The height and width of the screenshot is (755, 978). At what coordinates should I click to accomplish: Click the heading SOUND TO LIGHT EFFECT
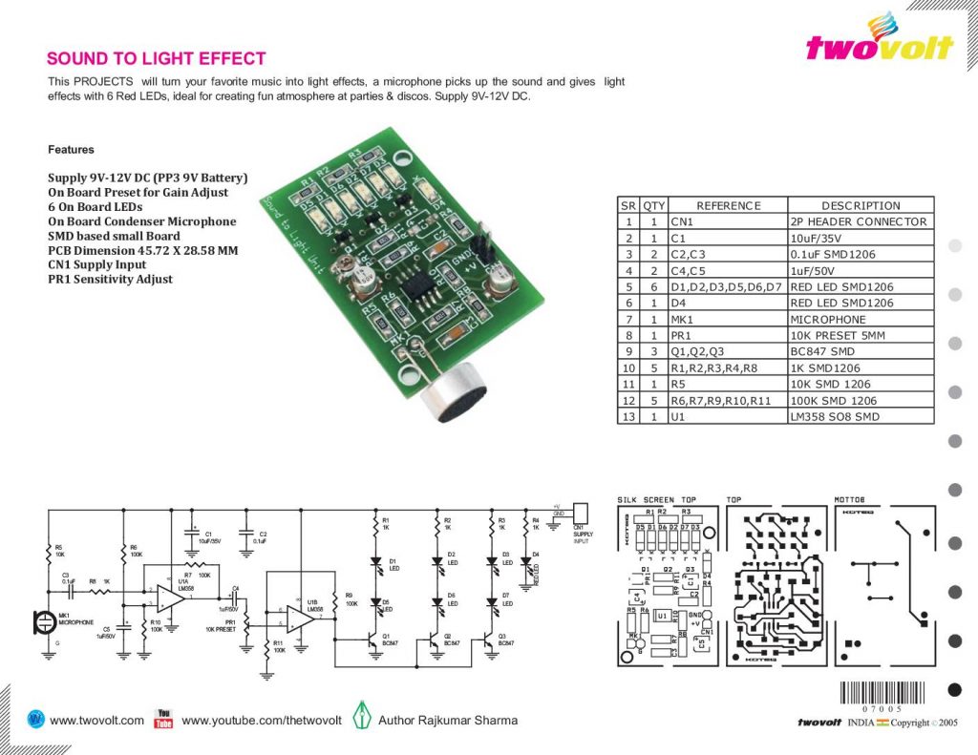point(157,59)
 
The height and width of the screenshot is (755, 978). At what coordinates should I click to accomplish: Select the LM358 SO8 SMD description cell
point(860,416)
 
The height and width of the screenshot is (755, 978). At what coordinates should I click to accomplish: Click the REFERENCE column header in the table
point(728,205)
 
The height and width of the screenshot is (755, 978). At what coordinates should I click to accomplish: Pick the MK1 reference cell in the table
point(728,319)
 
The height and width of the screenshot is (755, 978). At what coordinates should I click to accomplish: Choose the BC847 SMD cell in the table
point(860,351)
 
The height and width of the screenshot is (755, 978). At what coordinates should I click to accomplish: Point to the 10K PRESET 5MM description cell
point(860,335)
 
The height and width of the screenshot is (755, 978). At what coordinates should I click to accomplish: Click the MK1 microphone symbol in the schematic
point(43,621)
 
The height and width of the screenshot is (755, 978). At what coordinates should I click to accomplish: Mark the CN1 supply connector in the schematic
point(578,513)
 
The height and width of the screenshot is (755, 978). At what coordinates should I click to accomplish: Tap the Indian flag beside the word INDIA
point(882,723)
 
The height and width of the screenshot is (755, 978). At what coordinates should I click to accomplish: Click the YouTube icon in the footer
point(163,719)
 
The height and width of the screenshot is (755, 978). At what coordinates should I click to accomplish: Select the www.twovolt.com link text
point(96,721)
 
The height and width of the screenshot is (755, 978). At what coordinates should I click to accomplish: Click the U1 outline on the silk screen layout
point(661,617)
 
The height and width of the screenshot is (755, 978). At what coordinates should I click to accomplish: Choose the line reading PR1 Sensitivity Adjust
point(111,279)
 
